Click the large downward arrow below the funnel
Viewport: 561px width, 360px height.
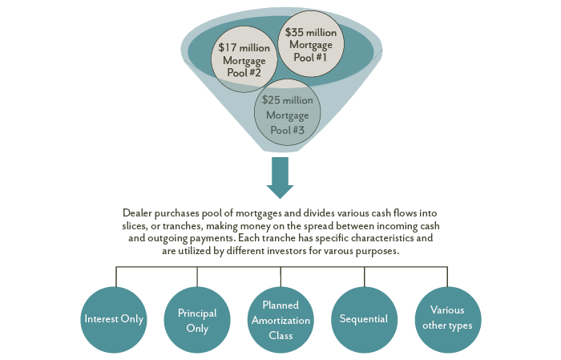(x=280, y=177)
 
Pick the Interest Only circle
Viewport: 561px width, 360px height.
(x=114, y=318)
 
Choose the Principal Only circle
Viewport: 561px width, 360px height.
(x=197, y=318)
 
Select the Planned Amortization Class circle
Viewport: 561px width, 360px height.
(x=280, y=318)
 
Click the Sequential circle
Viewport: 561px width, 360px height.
(x=365, y=318)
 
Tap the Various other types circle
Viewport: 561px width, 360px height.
(x=447, y=318)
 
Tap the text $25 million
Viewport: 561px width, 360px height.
(x=287, y=102)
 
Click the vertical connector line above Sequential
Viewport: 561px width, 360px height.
(x=365, y=276)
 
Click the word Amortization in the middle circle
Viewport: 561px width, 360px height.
(x=280, y=320)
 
